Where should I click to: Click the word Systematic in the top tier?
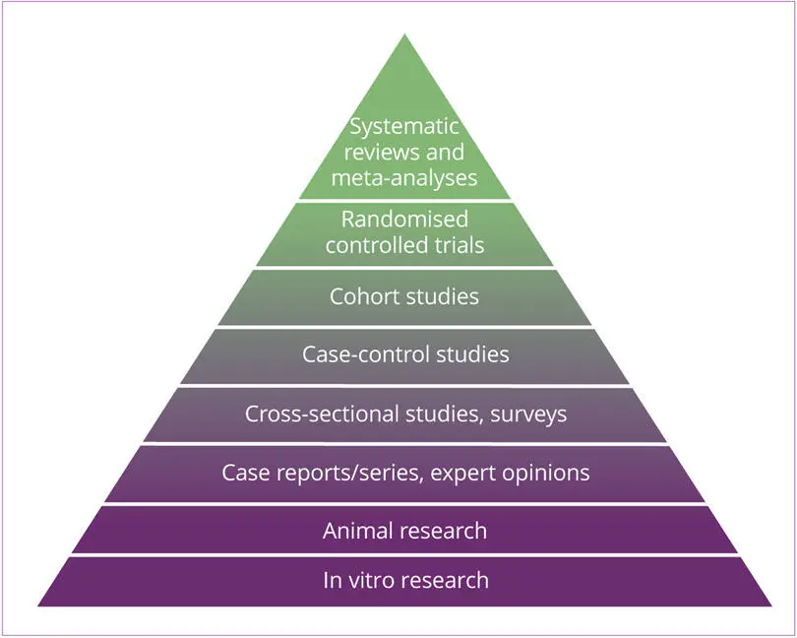[x=404, y=128]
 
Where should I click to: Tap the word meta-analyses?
[x=404, y=178]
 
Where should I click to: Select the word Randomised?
[x=404, y=219]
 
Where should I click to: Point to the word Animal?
[x=358, y=531]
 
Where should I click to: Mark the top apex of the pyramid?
[x=404, y=34]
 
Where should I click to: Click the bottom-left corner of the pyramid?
[x=38, y=605]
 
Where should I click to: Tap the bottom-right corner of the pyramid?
[x=770, y=605]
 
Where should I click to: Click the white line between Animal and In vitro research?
[x=404, y=554]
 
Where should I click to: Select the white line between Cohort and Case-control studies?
[x=404, y=327]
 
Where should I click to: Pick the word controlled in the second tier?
[x=375, y=244]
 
